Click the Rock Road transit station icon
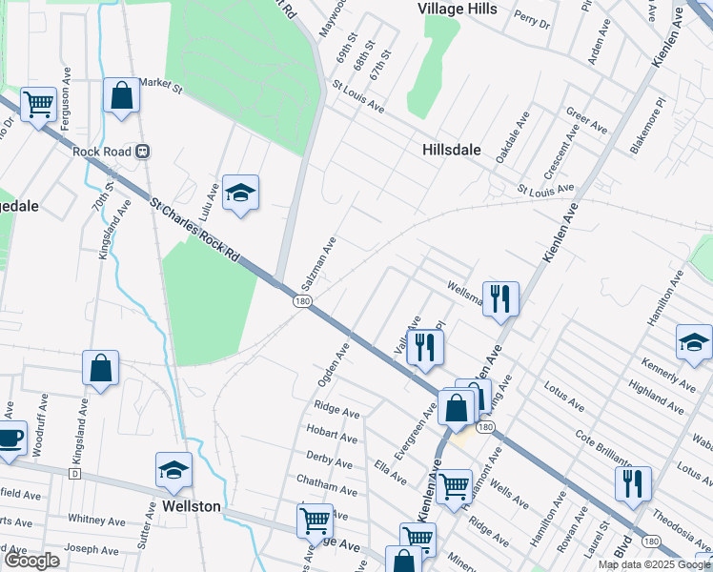click(142, 150)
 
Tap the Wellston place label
click(191, 506)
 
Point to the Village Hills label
click(458, 8)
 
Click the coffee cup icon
click(10, 439)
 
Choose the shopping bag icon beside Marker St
click(121, 95)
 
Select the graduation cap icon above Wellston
click(174, 470)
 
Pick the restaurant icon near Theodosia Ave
click(633, 483)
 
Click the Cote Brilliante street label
click(611, 452)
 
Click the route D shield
click(73, 474)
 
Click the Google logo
click(32, 561)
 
